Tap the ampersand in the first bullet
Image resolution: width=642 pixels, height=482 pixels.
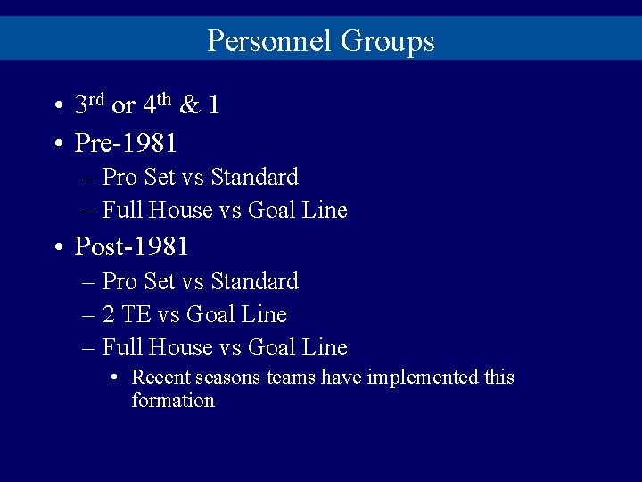190,106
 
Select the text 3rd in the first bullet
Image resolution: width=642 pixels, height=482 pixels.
90,105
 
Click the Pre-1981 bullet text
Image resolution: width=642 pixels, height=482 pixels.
126,143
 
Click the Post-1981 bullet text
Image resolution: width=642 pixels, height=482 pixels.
131,246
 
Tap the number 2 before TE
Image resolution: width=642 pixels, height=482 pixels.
109,314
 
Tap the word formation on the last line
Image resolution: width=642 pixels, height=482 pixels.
173,401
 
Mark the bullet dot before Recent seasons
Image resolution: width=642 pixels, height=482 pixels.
116,378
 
